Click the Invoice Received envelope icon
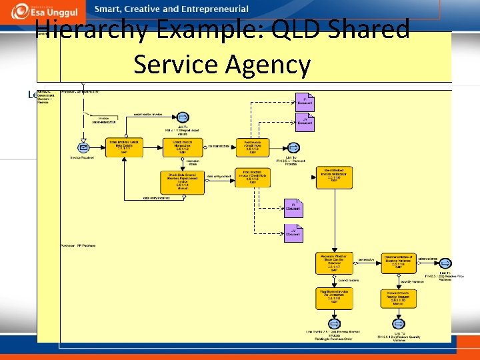[x=83, y=148]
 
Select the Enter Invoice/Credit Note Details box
[x=125, y=148]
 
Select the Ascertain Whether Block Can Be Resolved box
[x=333, y=263]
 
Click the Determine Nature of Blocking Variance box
[x=398, y=263]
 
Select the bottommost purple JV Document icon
[x=293, y=232]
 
